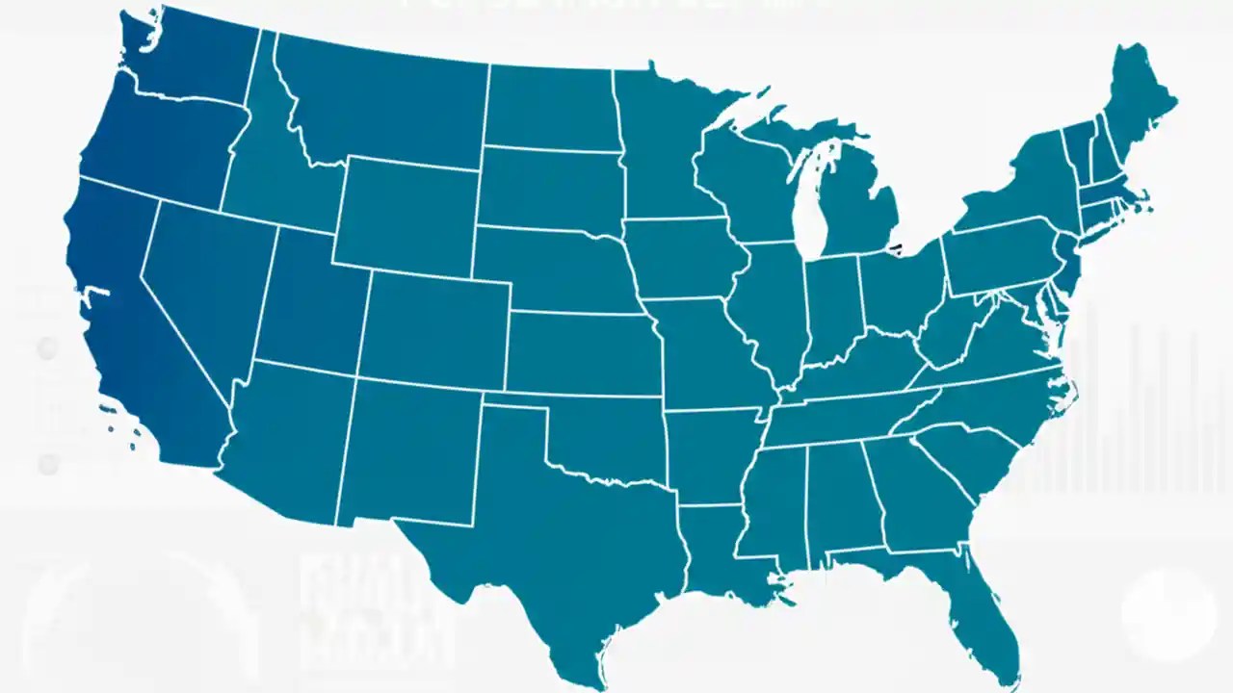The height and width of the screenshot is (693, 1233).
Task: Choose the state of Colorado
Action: click(x=433, y=327)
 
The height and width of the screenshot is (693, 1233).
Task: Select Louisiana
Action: click(x=713, y=549)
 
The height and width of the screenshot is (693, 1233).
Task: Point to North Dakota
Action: click(x=549, y=106)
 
